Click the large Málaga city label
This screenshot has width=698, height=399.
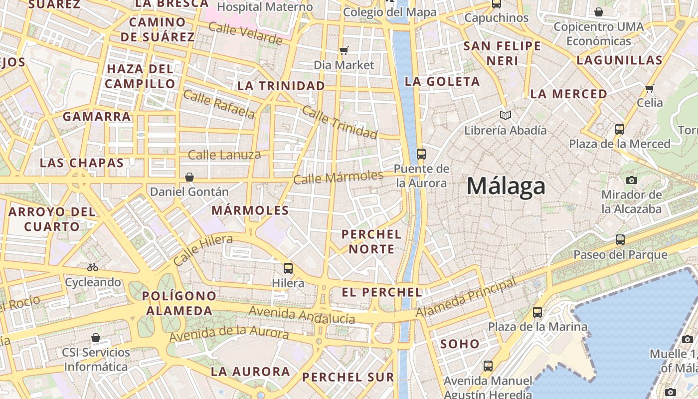[x=506, y=187]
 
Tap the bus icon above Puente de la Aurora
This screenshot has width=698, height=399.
[x=421, y=154]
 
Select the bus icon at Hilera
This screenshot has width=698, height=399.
[x=288, y=268]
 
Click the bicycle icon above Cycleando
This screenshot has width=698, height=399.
[x=93, y=267]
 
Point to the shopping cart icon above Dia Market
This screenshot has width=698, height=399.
[x=344, y=50]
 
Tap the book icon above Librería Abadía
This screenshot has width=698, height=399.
[x=506, y=116]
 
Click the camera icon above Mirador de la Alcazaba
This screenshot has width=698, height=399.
[x=632, y=180]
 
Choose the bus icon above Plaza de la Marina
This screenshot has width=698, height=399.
[x=537, y=312]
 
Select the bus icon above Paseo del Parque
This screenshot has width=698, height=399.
[x=620, y=240]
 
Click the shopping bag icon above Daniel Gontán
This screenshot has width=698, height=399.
[x=189, y=177]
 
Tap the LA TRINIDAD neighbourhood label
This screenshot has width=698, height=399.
[x=281, y=86]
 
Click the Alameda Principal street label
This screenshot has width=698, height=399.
[x=466, y=298]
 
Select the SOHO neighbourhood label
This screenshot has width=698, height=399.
[x=460, y=344]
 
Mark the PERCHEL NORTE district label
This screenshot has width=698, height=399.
[x=371, y=241]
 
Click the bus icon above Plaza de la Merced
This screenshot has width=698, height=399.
[x=620, y=129]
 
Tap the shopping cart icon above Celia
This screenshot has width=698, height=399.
[x=649, y=88]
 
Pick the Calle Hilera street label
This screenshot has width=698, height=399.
[x=203, y=250]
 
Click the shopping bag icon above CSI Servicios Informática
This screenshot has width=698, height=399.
[x=96, y=338]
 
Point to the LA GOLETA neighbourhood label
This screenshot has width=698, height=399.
[x=442, y=81]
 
